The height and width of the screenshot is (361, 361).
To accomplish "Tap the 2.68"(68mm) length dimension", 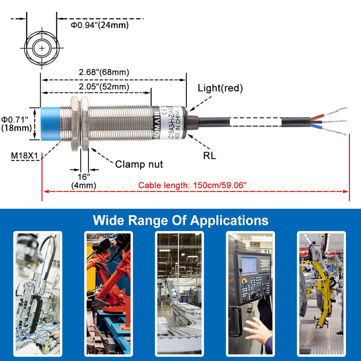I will click(104, 72).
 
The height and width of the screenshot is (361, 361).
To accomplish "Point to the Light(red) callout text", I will click(221, 88).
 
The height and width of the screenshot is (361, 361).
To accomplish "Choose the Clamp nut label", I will click(139, 164).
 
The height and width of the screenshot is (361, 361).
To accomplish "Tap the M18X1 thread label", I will click(25, 156).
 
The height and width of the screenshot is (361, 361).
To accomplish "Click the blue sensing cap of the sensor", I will click(51, 125).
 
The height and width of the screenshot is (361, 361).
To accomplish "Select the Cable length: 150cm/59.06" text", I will click(193, 185).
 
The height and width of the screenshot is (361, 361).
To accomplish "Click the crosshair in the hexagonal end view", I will click(42, 47).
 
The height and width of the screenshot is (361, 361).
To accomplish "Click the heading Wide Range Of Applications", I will click(180, 220).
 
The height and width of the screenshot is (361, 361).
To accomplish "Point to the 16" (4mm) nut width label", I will click(83, 180).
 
